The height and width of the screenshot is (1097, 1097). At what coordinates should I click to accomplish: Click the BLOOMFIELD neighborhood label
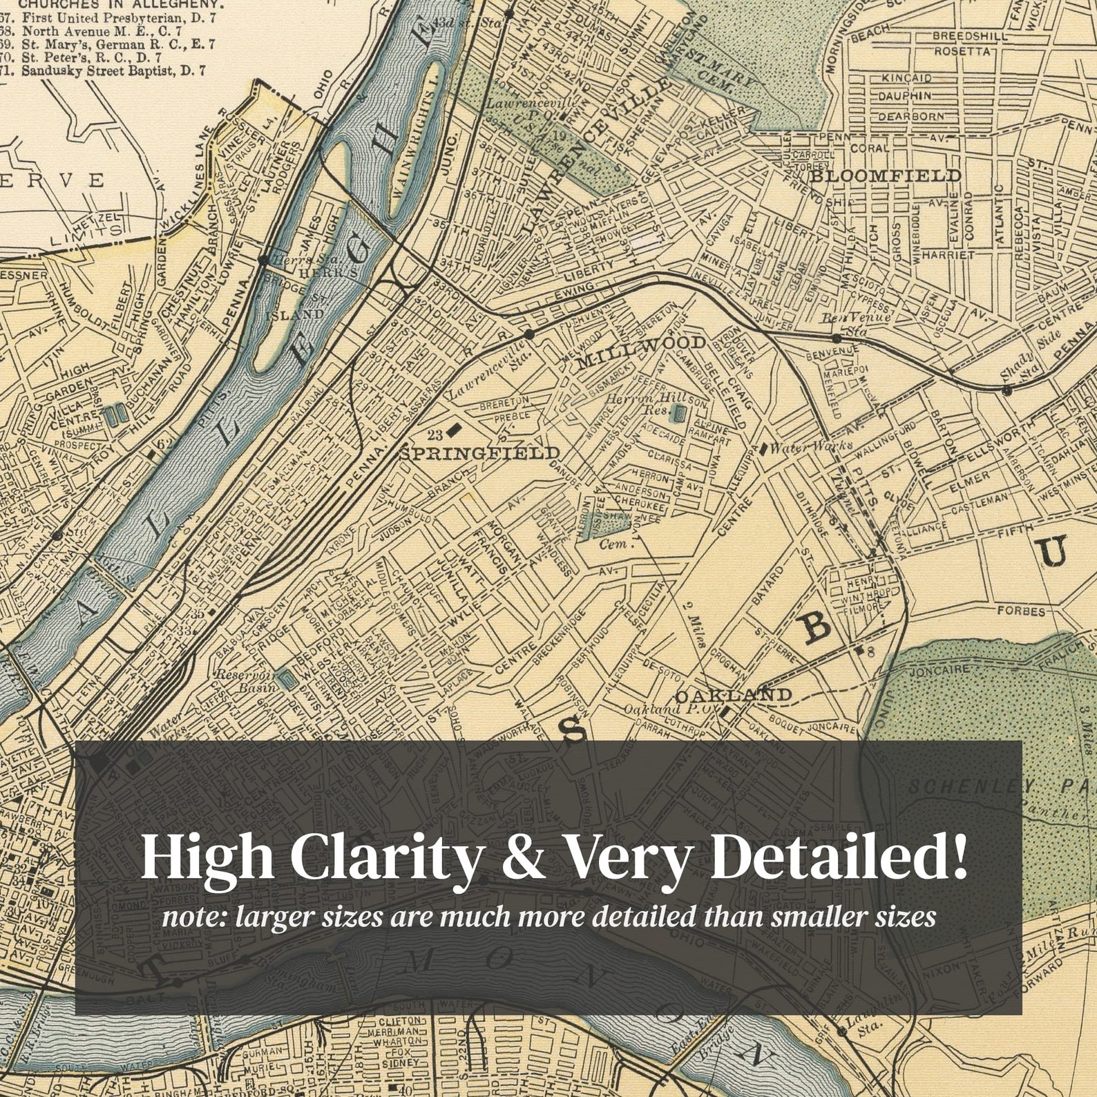pos(885,175)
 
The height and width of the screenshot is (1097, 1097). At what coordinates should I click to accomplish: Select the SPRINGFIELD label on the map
pos(481,453)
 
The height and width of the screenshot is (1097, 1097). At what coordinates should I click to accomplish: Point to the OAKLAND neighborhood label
pos(733,694)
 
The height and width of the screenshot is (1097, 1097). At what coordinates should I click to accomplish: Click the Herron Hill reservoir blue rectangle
pos(679,414)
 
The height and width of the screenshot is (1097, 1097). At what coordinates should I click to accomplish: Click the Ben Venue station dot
pos(837,338)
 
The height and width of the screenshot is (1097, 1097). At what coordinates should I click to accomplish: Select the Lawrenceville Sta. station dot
pos(529,334)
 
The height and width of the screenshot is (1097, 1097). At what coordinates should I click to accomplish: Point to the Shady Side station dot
pos(1007,390)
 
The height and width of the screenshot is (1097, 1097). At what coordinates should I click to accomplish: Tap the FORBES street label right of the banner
pos(1021,611)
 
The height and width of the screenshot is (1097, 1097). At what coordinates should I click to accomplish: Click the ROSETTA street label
pos(963,51)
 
